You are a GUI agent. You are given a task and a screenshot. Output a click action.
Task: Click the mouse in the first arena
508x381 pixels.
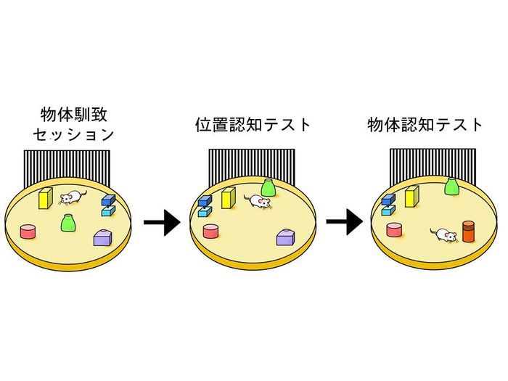72,197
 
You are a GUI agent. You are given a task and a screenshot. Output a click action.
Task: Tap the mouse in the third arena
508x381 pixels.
443,234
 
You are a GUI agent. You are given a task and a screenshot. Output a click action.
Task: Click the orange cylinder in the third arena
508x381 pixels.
468,231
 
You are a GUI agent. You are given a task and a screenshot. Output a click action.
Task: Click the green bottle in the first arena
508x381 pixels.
68,222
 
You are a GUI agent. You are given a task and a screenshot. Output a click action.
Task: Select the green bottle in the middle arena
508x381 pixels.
268,188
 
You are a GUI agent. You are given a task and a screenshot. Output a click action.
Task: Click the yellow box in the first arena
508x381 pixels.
45,197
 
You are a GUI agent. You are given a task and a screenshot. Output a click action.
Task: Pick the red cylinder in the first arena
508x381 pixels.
28,232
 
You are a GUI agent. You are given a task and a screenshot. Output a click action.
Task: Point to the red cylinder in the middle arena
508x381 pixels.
210,232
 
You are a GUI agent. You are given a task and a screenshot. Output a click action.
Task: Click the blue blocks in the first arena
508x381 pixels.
108,205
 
